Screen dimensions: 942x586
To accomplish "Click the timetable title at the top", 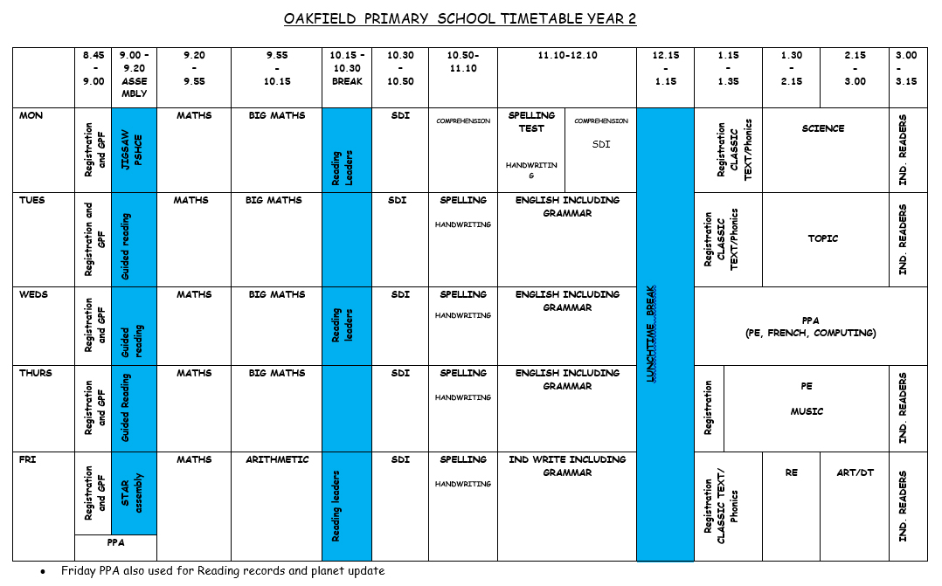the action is (x=460, y=18).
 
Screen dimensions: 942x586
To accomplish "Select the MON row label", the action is (x=31, y=115).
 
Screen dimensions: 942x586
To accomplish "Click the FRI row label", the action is (x=28, y=459).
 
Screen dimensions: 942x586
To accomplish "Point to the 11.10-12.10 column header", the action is (x=567, y=55).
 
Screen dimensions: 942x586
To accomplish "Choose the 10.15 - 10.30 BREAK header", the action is (x=346, y=68).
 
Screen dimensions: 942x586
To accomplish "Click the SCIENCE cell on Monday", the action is (x=822, y=128).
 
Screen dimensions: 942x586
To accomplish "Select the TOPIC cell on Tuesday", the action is (x=822, y=238).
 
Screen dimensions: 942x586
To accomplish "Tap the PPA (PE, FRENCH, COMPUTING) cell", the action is (x=810, y=327).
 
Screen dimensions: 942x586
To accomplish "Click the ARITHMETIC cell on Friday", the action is (x=276, y=459).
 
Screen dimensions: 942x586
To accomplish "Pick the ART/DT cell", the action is (x=855, y=472).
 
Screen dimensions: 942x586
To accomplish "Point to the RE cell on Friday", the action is (x=791, y=472).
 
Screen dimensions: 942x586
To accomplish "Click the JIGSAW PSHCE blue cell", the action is (x=133, y=150).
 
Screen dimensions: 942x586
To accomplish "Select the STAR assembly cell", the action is (x=133, y=493).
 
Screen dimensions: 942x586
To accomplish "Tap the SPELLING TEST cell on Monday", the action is (x=531, y=121).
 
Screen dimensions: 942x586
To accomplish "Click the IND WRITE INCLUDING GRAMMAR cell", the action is (x=567, y=465).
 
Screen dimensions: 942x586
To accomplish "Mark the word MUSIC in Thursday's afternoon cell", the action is (x=807, y=411).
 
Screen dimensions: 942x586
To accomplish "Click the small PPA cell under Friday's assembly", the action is (x=116, y=541).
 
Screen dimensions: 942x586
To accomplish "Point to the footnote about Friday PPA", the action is (x=222, y=571).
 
